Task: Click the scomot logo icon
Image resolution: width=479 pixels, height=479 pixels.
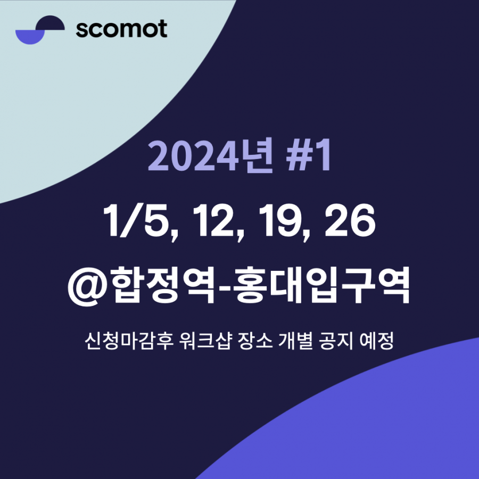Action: [x=40, y=30]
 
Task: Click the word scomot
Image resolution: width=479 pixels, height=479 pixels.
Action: [x=121, y=29]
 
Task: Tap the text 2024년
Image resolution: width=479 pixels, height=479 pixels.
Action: [x=210, y=156]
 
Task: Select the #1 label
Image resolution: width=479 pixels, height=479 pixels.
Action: [x=308, y=155]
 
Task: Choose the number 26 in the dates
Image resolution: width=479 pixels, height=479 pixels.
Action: [x=350, y=220]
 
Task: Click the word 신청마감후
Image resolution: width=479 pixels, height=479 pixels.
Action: [x=129, y=341]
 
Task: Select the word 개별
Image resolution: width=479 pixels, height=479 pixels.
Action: [x=295, y=341]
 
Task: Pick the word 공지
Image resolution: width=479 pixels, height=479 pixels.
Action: [x=336, y=341]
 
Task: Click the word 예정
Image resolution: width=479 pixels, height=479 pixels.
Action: [x=377, y=341]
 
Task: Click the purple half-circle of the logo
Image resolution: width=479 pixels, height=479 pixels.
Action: [x=30, y=37]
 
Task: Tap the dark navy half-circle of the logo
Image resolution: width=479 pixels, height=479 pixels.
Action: [x=50, y=22]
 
